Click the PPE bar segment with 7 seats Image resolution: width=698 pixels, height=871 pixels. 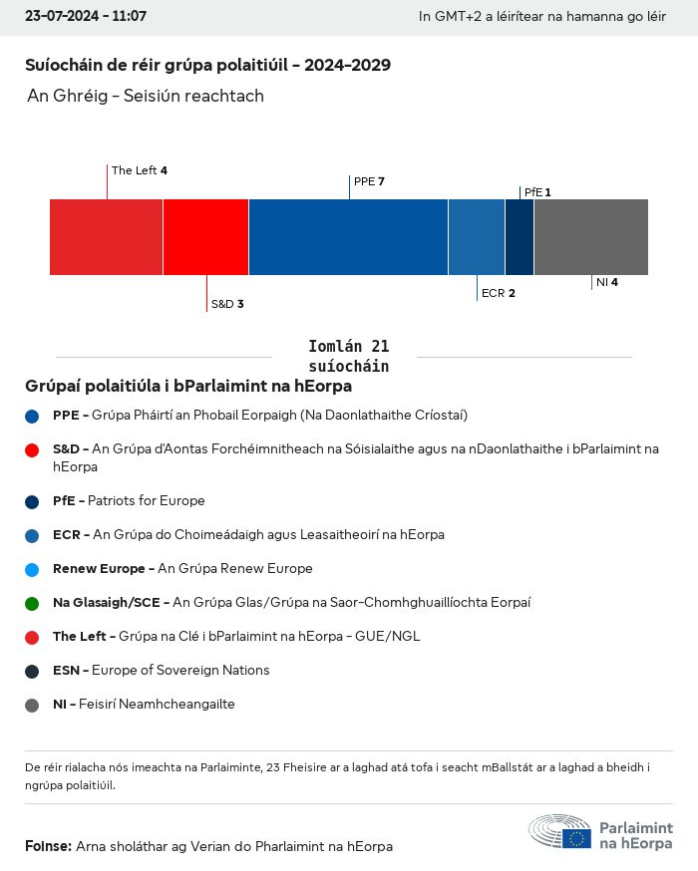348,237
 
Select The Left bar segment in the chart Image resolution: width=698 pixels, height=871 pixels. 106,237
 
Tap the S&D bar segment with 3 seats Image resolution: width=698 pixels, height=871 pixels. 205,237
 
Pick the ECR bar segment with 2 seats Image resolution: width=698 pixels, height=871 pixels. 477,237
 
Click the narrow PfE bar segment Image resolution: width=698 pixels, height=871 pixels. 520,237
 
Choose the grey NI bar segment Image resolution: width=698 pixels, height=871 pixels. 591,237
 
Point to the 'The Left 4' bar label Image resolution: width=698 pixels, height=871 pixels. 139,170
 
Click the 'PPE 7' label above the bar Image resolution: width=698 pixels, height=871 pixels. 369,181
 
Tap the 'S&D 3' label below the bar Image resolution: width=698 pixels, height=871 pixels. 227,304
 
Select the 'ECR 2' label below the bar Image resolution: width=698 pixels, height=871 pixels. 498,293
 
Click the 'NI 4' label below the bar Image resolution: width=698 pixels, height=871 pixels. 607,282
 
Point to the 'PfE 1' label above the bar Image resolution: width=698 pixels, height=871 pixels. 537,192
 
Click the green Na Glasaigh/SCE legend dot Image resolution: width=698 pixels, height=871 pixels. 33,603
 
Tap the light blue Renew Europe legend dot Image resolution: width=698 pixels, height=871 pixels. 33,569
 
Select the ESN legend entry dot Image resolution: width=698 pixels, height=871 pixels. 33,671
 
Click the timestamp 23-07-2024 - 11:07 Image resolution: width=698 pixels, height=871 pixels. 86,17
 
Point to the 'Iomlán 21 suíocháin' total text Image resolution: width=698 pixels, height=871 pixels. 348,356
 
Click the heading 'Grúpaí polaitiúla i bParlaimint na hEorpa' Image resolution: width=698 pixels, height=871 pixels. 188,386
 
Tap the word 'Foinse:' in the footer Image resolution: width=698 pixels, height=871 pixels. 48,846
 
